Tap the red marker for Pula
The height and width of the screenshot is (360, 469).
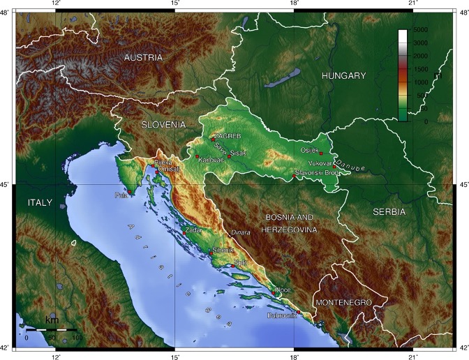(130, 192)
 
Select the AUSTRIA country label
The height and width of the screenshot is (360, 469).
(143, 58)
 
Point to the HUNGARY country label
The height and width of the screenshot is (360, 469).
(343, 75)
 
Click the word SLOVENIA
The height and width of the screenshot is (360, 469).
(163, 124)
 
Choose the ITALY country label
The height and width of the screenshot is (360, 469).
(40, 202)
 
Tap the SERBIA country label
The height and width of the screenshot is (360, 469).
(393, 210)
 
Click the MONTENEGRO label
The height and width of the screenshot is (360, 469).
(343, 303)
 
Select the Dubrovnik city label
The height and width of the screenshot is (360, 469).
(281, 316)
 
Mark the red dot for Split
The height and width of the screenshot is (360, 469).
(232, 265)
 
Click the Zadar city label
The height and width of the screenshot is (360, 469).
(193, 230)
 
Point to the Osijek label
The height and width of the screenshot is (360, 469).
(309, 149)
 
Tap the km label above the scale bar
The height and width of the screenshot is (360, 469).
(51, 320)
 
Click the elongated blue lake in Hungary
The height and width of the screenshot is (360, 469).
(282, 78)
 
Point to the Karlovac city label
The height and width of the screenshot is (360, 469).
(211, 160)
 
